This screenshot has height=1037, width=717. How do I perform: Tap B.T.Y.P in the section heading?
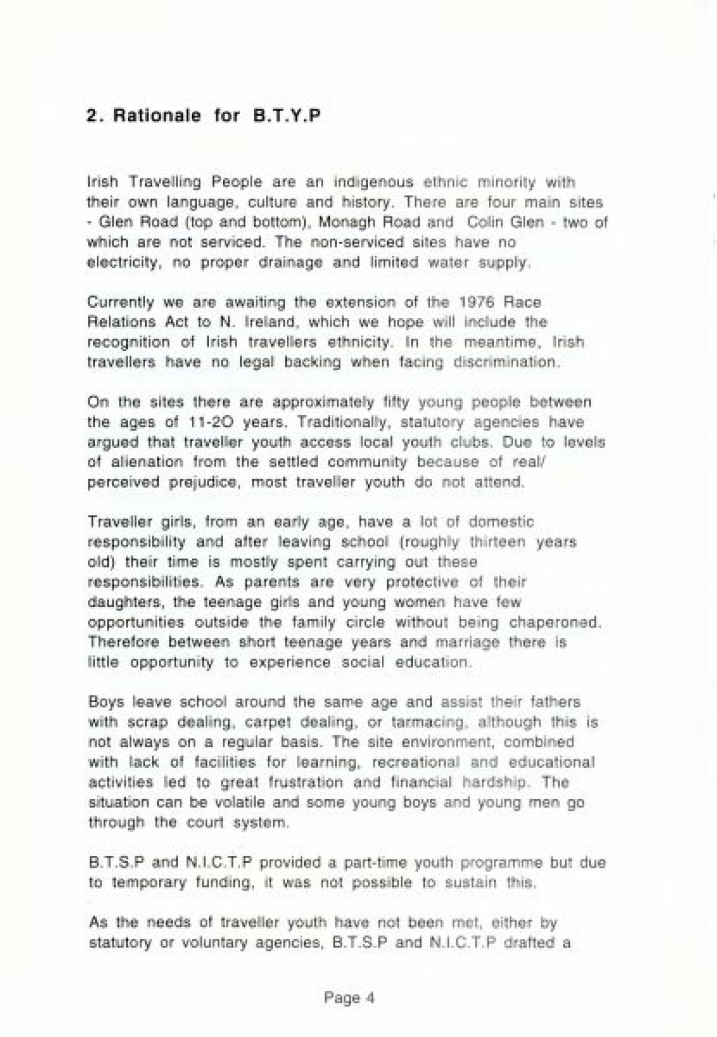coord(286,115)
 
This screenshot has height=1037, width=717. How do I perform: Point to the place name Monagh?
coord(345,222)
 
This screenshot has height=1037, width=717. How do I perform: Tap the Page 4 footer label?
coord(349,998)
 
